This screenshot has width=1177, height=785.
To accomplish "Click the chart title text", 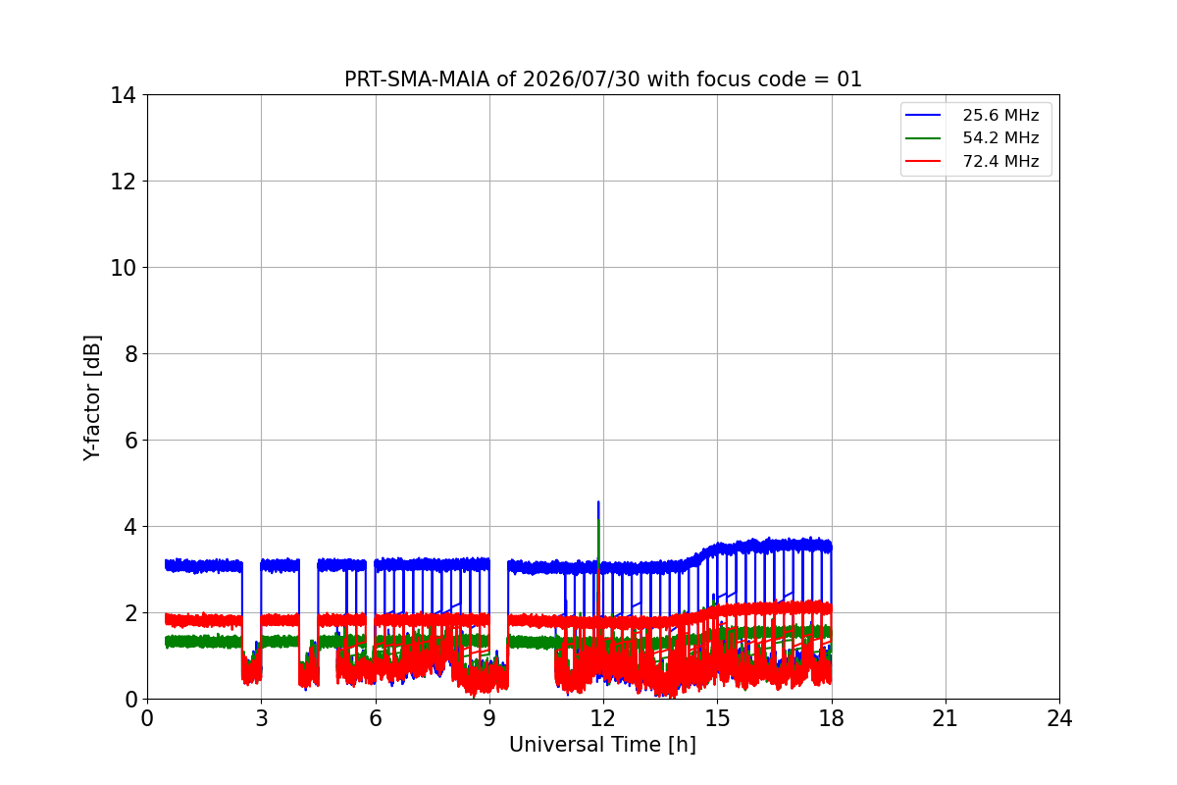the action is pos(602,79).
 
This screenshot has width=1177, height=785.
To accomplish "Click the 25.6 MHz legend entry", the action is pos(972,115).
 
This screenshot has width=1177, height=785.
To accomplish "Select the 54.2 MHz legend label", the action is pos(1000,137).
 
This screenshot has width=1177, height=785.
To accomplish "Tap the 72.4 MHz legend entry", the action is pos(972,161).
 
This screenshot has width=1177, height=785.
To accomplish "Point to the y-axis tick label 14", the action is pos(123,96).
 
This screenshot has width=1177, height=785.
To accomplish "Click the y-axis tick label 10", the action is pos(123,268).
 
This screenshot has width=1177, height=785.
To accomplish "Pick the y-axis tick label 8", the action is pos(130,354).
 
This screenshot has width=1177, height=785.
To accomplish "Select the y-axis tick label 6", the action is pos(130,441).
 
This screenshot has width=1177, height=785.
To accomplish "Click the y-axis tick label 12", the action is pos(123,182).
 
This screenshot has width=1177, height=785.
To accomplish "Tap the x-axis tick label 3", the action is pos(262,718).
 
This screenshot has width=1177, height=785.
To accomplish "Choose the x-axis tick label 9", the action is pos(489,718).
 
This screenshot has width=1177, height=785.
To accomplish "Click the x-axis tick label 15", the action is pos(718,718).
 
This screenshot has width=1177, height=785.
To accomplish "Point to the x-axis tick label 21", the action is pos(946,718).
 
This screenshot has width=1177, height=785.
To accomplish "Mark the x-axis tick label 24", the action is pos(1059,718).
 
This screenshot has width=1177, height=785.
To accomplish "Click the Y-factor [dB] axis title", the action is pos(92,398).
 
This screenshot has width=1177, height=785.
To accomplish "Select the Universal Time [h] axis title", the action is pos(602,745).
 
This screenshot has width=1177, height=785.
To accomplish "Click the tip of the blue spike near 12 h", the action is pos(598,501).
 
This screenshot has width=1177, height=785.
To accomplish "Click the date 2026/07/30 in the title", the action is pos(581,79).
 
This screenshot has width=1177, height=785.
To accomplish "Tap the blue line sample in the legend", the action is pos(923,115).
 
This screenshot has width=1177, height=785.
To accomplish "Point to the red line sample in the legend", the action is pos(923,161).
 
